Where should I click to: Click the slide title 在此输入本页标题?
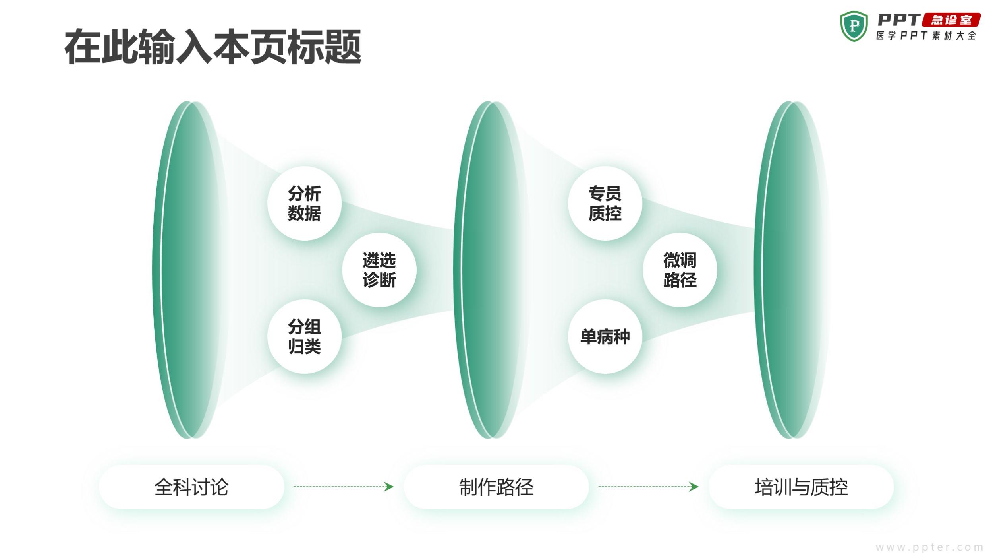(x=213, y=47)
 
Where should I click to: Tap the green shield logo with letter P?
(x=854, y=27)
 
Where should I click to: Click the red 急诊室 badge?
(x=951, y=20)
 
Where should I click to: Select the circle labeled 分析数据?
(x=305, y=203)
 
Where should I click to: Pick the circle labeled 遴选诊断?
(x=379, y=270)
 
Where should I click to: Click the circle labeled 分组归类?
(x=305, y=336)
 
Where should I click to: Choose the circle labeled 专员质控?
(x=605, y=203)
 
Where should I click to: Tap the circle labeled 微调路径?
(x=680, y=270)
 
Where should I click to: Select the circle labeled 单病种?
(x=605, y=336)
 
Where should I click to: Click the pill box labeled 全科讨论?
(x=191, y=487)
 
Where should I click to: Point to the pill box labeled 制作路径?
(x=496, y=487)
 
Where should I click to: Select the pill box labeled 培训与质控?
(x=801, y=487)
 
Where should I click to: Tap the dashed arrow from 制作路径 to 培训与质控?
(x=648, y=487)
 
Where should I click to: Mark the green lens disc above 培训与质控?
(x=788, y=270)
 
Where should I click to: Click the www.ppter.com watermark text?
(x=929, y=547)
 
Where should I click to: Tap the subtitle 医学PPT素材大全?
(x=926, y=36)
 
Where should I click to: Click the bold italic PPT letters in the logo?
(x=899, y=20)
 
